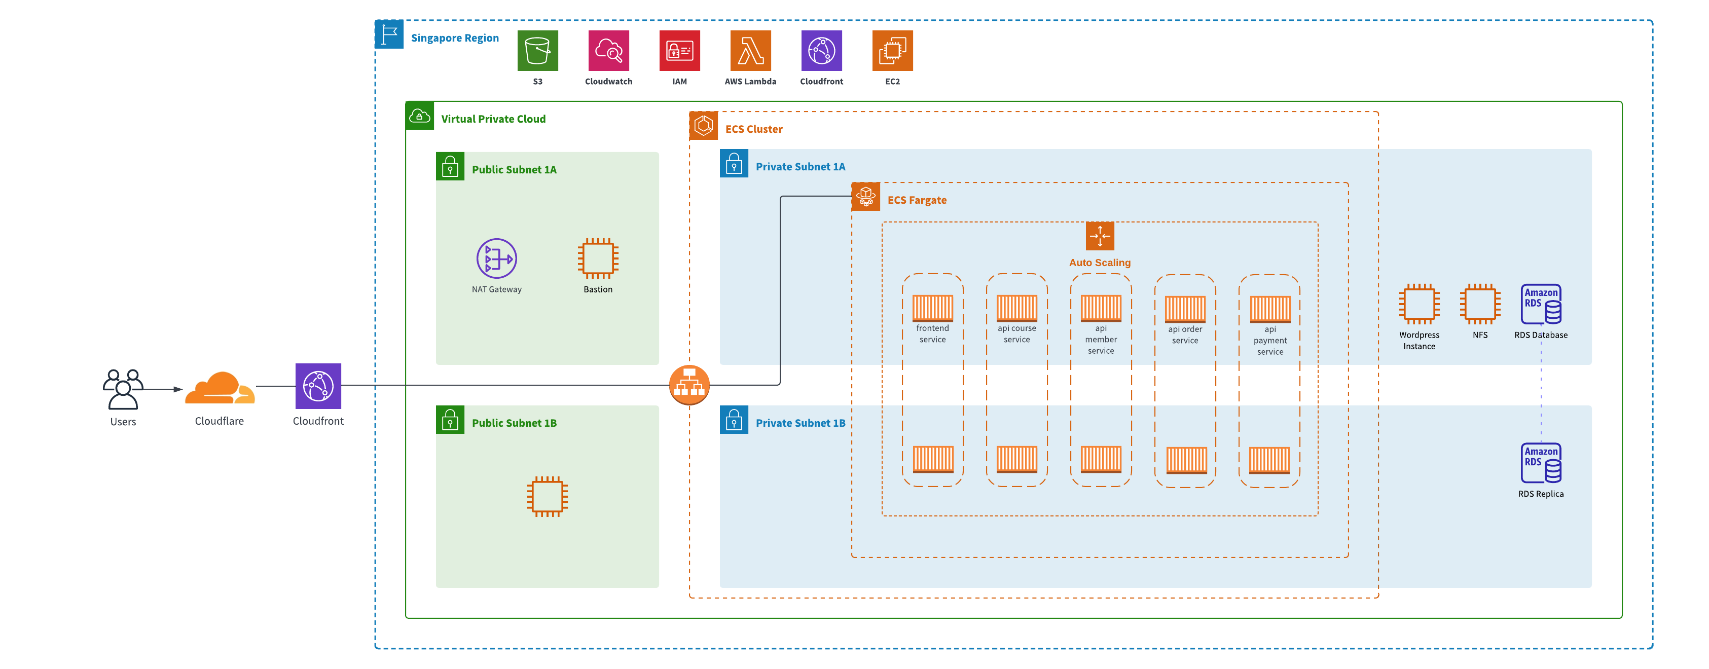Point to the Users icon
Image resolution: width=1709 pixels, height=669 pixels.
click(x=123, y=389)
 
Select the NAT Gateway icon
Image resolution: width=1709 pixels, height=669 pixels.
click(x=496, y=258)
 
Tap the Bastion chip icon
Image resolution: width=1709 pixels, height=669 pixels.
click(x=598, y=258)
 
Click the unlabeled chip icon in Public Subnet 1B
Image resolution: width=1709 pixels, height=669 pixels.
click(x=548, y=496)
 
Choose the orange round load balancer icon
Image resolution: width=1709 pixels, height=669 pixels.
click(x=689, y=385)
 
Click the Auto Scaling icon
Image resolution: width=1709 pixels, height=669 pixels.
click(x=1099, y=236)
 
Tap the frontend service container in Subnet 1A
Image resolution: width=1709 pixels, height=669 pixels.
click(x=932, y=308)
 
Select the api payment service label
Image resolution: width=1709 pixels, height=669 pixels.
click(x=1270, y=341)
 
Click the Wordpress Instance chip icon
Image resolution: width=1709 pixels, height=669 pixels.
click(x=1419, y=304)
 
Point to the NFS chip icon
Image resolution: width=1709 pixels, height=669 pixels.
click(x=1479, y=304)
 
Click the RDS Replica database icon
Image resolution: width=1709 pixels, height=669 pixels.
click(x=1541, y=463)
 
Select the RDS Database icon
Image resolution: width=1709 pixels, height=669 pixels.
click(x=1541, y=304)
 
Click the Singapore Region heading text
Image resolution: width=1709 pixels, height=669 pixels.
click(x=454, y=38)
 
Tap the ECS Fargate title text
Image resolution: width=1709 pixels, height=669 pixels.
click(x=917, y=200)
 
